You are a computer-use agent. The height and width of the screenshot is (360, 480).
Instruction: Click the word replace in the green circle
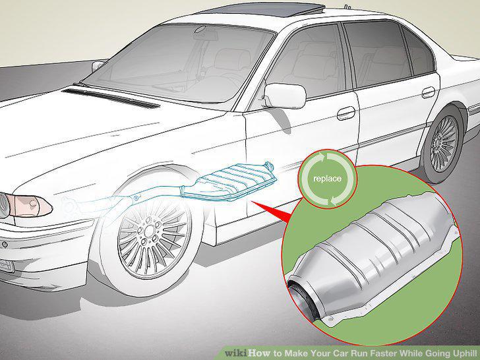coord(327,179)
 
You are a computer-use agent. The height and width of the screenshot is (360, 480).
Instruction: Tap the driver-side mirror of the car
coord(285,95)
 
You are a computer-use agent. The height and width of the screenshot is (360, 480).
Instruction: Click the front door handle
coord(346,113)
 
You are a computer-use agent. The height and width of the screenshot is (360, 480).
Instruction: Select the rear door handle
coord(429,92)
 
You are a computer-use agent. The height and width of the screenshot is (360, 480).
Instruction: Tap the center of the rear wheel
coord(444,144)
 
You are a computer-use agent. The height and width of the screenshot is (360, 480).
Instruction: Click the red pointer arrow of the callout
coord(273,210)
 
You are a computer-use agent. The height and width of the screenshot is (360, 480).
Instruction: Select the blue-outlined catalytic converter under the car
coord(228,183)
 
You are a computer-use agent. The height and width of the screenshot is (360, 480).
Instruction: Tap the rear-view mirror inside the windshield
coord(200,30)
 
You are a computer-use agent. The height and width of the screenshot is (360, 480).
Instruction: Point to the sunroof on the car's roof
coord(263,9)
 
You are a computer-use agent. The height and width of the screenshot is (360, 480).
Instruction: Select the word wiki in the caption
coord(236,353)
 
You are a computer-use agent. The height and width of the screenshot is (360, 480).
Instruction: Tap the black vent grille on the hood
coord(111,98)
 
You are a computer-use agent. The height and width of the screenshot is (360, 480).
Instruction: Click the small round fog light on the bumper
coord(5,245)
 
